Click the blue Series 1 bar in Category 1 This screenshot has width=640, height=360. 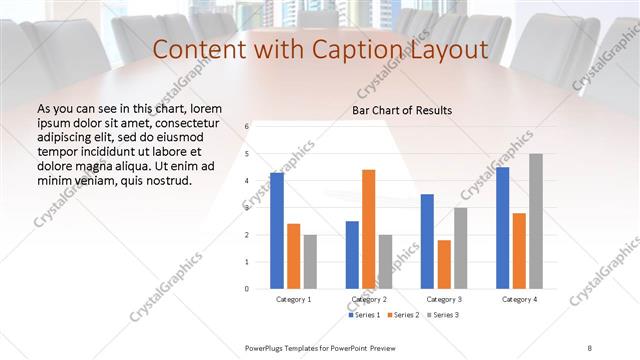(277, 230)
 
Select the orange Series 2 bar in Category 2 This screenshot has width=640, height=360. (369, 229)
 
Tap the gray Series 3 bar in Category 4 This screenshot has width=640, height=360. (536, 221)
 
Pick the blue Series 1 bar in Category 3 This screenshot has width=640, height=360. (427, 241)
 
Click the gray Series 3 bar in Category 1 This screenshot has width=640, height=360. (311, 261)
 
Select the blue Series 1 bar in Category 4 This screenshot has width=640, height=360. (502, 227)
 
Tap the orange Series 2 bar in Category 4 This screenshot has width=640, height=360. (519, 250)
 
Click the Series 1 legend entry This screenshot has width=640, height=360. (364, 315)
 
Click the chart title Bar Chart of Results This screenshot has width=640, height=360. (402, 110)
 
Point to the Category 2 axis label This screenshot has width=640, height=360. (369, 299)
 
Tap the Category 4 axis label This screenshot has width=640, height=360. (519, 299)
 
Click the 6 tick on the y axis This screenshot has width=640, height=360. (246, 127)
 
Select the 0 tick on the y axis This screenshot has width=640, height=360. (246, 288)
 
